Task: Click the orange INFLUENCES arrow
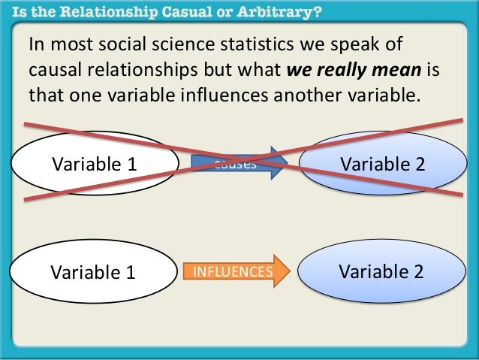(x=233, y=271)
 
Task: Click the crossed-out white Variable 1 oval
(x=94, y=163)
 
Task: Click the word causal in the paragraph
(x=51, y=71)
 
